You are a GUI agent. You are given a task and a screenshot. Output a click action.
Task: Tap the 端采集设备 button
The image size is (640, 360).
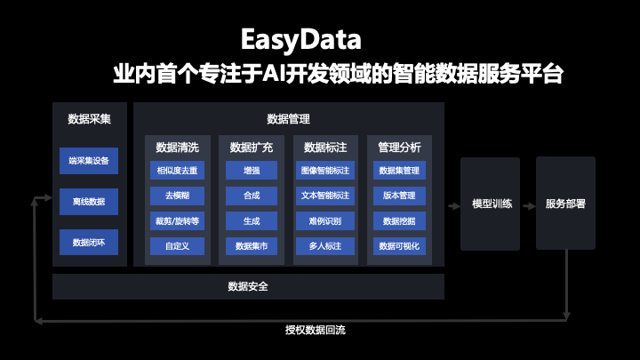coord(89,161)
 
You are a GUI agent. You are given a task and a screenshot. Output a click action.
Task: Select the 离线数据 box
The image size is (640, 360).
coord(89,202)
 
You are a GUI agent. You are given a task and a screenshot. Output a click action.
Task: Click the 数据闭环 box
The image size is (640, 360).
coord(89,242)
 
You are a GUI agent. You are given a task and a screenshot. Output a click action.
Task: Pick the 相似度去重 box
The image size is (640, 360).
coord(177,170)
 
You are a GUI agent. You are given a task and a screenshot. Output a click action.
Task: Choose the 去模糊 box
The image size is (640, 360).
coord(177,195)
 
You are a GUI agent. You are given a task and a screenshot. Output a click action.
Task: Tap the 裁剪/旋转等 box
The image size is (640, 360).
coord(177,220)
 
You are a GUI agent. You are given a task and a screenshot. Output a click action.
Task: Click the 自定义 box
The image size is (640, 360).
coord(177,244)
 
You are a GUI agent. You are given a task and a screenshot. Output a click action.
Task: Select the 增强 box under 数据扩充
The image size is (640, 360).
coord(252,170)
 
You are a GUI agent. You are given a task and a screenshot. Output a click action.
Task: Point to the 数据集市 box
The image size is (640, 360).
coord(252,244)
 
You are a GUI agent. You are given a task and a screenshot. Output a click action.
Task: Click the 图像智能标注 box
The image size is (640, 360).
coord(325,170)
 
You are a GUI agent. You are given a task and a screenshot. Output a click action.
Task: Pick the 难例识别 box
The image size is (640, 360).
coord(325,220)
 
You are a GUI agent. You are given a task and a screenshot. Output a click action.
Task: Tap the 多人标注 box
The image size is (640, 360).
coord(325,244)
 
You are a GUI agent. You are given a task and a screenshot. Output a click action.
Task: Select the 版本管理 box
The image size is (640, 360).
coord(399,195)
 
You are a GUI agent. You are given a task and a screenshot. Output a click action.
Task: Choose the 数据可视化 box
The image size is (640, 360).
coord(399,244)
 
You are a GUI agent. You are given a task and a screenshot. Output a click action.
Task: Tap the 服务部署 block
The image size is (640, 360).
coord(565,203)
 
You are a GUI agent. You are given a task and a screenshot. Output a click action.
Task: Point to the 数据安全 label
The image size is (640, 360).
coord(248,286)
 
